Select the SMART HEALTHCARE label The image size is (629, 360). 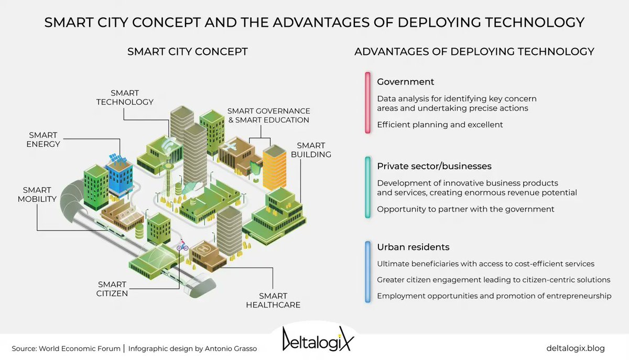pos(273,300)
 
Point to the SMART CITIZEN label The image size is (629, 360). pos(112,289)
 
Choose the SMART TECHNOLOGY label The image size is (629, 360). pos(125,97)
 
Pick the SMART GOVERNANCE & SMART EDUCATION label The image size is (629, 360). pos(268,115)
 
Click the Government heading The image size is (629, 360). pos(405,82)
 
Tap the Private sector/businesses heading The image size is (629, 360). pos(434,166)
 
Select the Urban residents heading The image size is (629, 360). pos(413,247)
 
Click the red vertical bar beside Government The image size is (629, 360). pos(368,103)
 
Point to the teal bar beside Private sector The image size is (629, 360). pos(368,187)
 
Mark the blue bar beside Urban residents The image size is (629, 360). pos(368,271)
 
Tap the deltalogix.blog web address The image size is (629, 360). pos(575,348)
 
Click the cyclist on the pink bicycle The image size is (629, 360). pos(182,245)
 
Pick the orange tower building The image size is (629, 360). pos(274,167)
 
